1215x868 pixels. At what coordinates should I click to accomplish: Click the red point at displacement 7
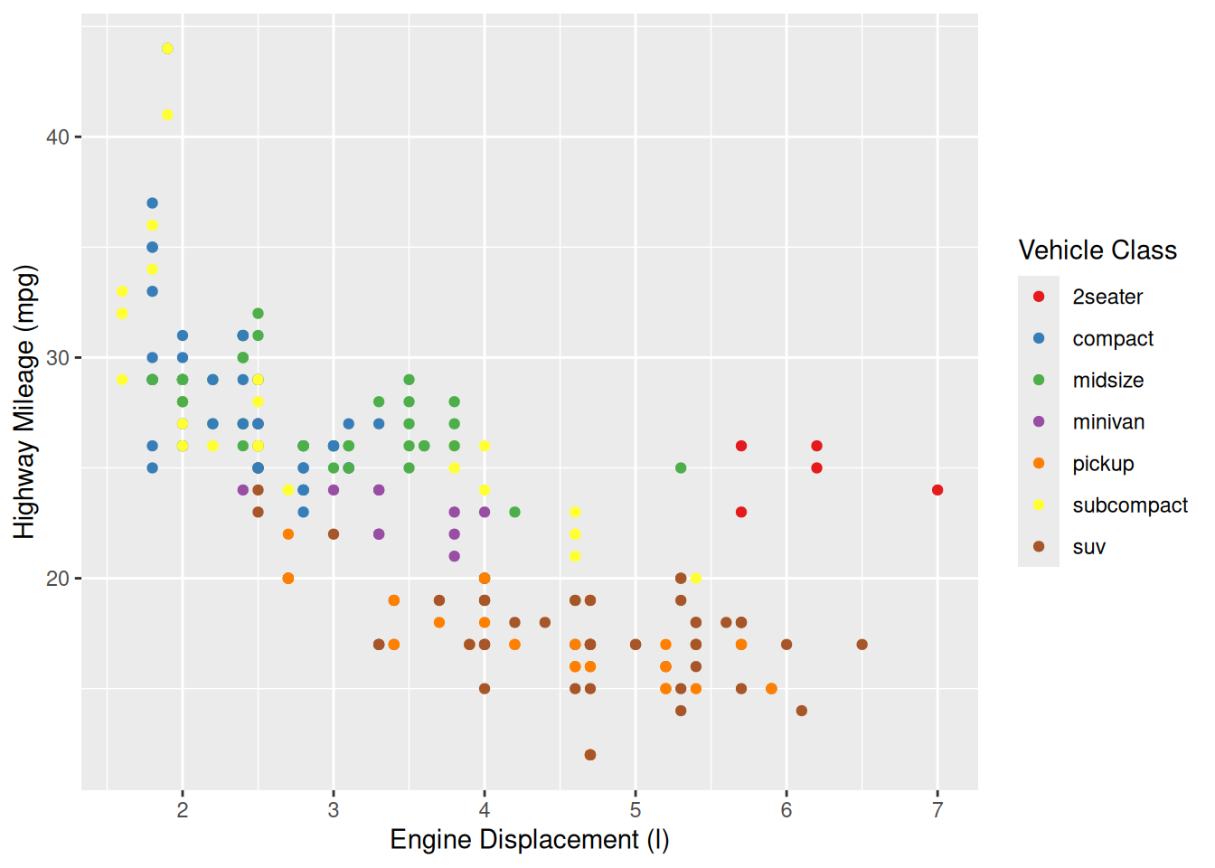pyautogui.click(x=937, y=490)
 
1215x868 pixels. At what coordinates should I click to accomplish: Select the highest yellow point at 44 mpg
pyautogui.click(x=167, y=49)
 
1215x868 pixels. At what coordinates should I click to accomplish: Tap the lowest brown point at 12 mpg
pyautogui.click(x=590, y=755)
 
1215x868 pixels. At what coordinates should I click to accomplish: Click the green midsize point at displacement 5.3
pyautogui.click(x=681, y=468)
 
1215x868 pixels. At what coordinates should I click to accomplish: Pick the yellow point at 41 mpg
pyautogui.click(x=167, y=115)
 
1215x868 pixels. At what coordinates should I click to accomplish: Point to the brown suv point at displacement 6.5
pyautogui.click(x=862, y=645)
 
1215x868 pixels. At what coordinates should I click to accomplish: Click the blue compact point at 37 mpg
pyautogui.click(x=152, y=203)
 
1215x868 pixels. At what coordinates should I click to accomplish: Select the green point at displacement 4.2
pyautogui.click(x=514, y=512)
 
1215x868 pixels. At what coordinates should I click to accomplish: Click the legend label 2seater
pyautogui.click(x=1107, y=297)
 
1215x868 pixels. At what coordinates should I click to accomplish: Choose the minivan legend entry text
pyautogui.click(x=1108, y=422)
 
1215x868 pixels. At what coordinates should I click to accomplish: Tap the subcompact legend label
pyautogui.click(x=1130, y=505)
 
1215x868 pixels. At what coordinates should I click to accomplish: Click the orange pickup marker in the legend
pyautogui.click(x=1039, y=464)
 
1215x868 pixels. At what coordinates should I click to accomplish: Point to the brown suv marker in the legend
pyautogui.click(x=1039, y=547)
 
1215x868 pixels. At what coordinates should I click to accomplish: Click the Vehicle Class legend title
pyautogui.click(x=1097, y=250)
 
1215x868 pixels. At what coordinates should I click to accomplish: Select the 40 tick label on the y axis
pyautogui.click(x=58, y=137)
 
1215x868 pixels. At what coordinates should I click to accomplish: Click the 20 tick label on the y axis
pyautogui.click(x=58, y=579)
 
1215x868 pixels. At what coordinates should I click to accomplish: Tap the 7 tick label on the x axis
pyautogui.click(x=937, y=810)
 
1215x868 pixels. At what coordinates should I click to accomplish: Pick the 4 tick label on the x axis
pyautogui.click(x=485, y=810)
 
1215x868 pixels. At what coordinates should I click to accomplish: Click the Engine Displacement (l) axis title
pyautogui.click(x=530, y=840)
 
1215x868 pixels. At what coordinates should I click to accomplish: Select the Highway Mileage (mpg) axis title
pyautogui.click(x=24, y=401)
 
